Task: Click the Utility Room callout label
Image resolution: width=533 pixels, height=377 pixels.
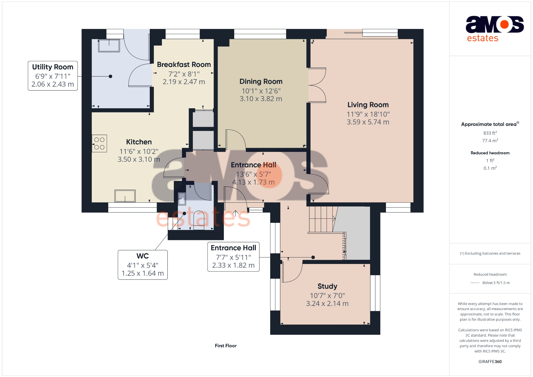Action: (53, 76)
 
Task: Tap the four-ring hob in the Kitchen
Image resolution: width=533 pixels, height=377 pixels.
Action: (99, 143)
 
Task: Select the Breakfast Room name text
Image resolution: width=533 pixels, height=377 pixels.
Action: (184, 65)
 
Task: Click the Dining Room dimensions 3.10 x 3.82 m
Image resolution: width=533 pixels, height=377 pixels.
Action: (261, 99)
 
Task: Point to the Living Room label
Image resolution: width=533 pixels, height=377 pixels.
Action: (368, 105)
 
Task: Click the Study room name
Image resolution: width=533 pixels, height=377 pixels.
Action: (327, 286)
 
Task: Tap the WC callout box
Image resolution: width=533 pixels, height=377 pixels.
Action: (143, 265)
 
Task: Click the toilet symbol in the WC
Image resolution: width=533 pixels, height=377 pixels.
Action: (199, 220)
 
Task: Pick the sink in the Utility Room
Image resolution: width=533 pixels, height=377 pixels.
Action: (109, 46)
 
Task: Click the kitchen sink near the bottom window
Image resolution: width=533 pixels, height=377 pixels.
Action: (125, 196)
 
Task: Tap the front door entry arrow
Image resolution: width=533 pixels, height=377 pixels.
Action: (235, 213)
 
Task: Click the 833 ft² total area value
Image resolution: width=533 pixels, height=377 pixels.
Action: (490, 133)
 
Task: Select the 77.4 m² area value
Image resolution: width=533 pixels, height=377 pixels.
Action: (490, 141)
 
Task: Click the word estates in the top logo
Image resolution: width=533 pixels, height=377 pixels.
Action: (483, 38)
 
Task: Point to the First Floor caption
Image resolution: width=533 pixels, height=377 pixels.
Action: (226, 346)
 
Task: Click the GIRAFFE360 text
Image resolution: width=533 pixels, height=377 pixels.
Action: (490, 362)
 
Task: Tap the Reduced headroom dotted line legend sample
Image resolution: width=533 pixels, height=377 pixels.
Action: (475, 283)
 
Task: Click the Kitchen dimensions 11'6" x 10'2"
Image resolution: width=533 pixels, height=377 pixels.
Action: (139, 152)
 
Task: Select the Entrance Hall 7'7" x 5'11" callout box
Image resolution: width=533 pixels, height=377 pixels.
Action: (233, 257)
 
